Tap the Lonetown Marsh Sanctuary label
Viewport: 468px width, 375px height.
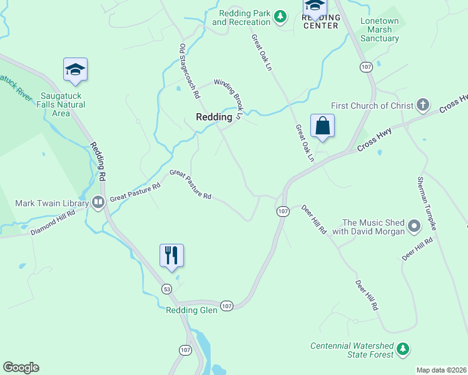coord(379,29)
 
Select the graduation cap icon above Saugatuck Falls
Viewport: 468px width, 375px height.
coord(75,69)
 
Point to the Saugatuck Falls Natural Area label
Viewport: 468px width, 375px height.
coord(61,104)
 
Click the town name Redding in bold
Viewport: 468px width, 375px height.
coord(214,117)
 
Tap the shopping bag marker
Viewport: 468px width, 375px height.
coord(322,126)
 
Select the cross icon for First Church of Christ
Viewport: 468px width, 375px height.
coord(423,105)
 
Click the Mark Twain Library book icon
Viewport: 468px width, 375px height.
coord(98,202)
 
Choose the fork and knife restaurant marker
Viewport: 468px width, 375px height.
coord(171,256)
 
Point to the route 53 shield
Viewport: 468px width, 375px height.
coord(166,289)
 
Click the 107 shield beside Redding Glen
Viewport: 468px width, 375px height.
coord(226,306)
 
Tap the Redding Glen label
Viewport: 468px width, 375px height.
coord(191,310)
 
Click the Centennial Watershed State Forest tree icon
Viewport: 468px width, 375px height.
coord(404,348)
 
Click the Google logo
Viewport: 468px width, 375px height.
coord(21,367)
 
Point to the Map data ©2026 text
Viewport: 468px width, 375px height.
coord(441,370)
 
